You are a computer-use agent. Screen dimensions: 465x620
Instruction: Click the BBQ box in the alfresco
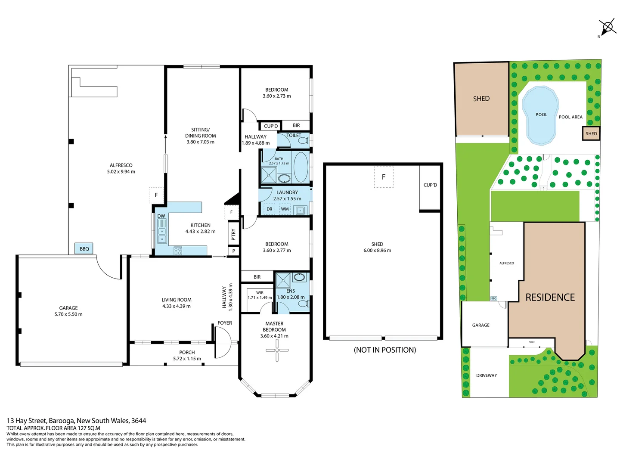point(84,248)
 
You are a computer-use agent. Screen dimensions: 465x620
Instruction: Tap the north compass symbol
point(608,28)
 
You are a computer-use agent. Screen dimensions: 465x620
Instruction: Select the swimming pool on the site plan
point(540,115)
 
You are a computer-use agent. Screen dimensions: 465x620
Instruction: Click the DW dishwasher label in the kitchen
point(161,216)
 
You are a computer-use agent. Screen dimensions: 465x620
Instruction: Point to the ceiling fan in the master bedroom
point(277,350)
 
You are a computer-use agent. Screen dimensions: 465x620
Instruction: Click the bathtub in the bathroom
point(301,167)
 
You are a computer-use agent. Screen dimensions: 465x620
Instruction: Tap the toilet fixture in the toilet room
point(304,141)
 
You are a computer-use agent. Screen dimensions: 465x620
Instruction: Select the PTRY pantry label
point(233,234)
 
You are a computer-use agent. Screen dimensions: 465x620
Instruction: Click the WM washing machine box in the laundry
point(285,209)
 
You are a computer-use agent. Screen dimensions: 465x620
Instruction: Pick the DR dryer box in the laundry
point(269,209)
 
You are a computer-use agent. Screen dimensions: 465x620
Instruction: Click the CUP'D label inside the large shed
point(430,185)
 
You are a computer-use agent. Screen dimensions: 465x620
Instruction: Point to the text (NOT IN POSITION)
point(385,350)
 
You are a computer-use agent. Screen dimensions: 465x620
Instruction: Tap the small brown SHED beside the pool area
point(591,133)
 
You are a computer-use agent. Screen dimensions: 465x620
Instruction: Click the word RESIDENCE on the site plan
point(550,298)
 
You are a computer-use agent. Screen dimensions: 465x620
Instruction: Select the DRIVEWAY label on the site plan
point(487,375)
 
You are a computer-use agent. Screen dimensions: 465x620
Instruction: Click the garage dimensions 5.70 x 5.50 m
point(68,314)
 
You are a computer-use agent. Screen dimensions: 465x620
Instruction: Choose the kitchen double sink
point(162,235)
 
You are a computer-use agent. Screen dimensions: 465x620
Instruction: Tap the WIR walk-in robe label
point(260,293)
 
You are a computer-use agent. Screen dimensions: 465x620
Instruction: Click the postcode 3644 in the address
point(139,421)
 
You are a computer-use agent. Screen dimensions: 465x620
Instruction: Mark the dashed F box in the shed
point(383,177)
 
